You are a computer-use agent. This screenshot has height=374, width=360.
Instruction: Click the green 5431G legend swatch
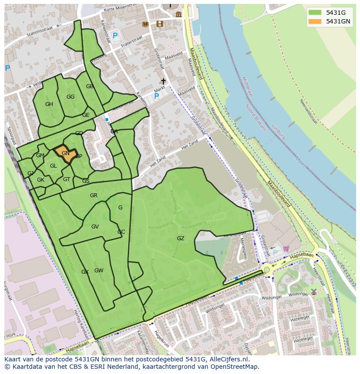coord(316,13)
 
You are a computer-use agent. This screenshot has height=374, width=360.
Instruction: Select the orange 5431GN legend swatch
coord(316,21)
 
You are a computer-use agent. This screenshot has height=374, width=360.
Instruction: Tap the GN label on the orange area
coord(66,153)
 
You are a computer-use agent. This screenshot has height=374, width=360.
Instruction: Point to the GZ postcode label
coord(180,238)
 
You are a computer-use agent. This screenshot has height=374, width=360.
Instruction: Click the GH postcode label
coord(49,104)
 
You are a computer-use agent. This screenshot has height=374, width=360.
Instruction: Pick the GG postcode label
coord(70,97)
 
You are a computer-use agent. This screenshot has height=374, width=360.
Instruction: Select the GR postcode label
coord(93,195)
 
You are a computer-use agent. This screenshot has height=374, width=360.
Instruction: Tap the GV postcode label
coord(95,227)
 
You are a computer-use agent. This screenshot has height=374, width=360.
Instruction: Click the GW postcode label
coord(99,271)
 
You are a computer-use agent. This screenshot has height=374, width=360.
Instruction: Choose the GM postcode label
coord(40,156)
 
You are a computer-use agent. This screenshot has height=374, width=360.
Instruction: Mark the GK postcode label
coord(40,180)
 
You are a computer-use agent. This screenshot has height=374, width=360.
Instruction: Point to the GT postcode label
coord(67,179)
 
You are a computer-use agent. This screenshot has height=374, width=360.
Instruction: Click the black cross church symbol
coord(163,82)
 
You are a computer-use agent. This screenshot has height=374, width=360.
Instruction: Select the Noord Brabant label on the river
coord(255,117)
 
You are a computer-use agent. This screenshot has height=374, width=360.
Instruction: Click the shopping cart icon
coord(286,248)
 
